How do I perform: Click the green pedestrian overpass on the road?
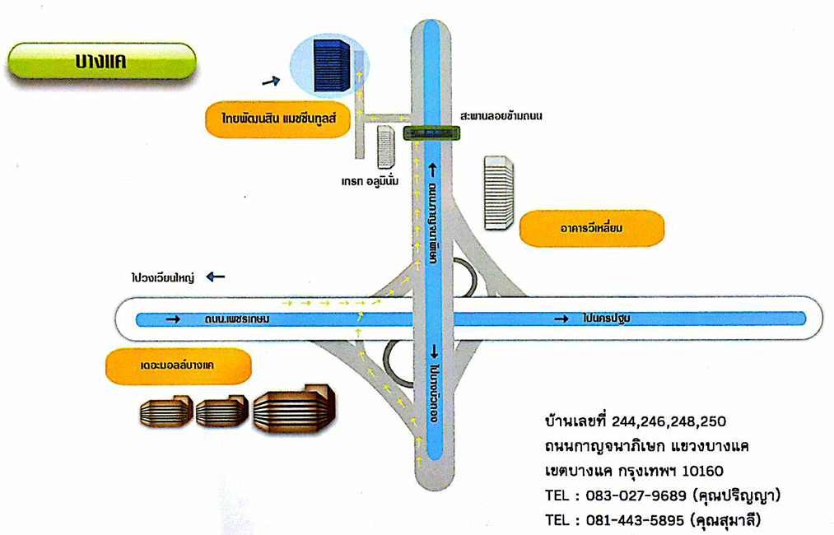(x=432, y=133)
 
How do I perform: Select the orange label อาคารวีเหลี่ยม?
(x=591, y=228)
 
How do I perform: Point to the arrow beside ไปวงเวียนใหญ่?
(x=216, y=277)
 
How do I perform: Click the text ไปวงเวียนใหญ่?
(x=161, y=278)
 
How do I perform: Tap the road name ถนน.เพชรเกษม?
(x=239, y=318)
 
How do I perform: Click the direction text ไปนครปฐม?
(x=610, y=318)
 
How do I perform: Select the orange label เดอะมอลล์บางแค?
(x=178, y=365)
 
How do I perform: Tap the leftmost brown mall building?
(x=165, y=412)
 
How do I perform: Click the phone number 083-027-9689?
(x=635, y=496)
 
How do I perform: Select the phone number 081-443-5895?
(x=635, y=520)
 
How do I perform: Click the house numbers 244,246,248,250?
(x=669, y=421)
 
